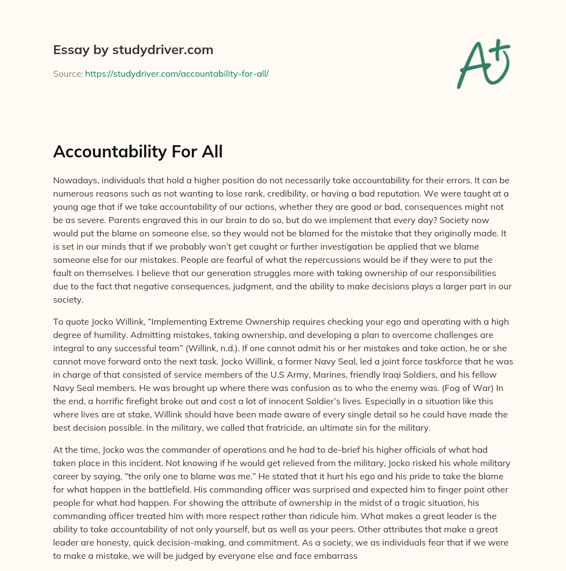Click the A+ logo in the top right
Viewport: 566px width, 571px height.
483,63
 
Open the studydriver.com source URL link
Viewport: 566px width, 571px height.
177,73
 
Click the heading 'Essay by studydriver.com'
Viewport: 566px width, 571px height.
133,50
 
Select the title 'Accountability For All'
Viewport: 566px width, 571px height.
138,152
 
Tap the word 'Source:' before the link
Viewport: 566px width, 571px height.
68,73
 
